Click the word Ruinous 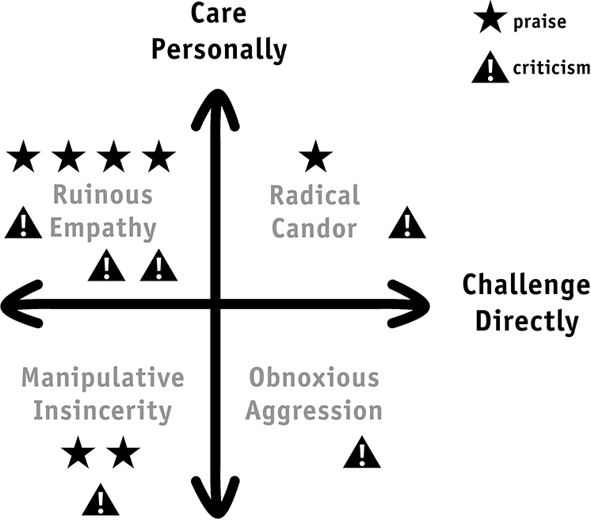point(103,194)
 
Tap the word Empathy point(103,229)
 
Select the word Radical point(315,195)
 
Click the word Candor point(315,228)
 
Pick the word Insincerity point(102,411)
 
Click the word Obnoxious point(315,377)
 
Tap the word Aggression point(314,411)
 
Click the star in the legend point(490,17)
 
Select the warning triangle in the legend point(490,67)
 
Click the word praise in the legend point(540,23)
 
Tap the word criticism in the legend point(551,68)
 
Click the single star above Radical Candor point(315,157)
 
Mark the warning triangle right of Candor point(407,223)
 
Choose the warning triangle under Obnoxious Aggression point(362,453)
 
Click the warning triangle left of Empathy point(23,223)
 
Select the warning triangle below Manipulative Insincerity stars point(101,500)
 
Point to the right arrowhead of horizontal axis point(410,304)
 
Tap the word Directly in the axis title point(527,322)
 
